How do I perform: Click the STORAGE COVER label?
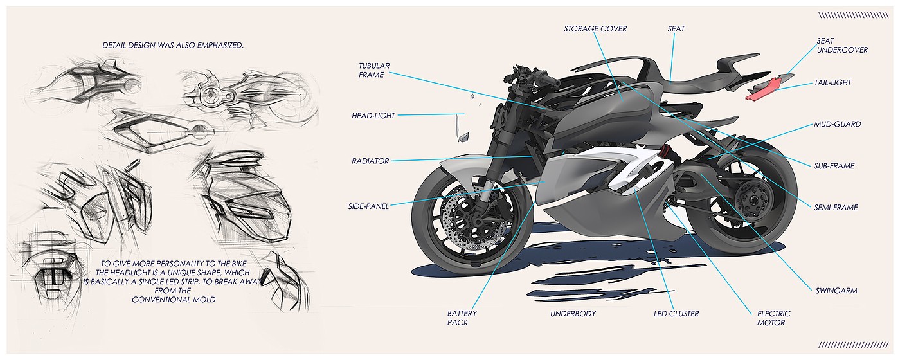[x=595, y=29]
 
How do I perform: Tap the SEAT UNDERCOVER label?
[x=842, y=45]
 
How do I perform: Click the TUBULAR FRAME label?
[x=374, y=70]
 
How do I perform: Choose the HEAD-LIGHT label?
[x=373, y=116]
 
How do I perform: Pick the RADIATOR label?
[x=370, y=161]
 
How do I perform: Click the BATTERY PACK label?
[x=462, y=318]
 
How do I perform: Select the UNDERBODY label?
[x=573, y=314]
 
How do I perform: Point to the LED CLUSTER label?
[x=676, y=314]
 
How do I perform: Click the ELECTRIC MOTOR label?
[x=773, y=318]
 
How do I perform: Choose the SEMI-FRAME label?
[x=836, y=207]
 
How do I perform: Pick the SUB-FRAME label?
[x=834, y=166]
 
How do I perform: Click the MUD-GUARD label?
[x=838, y=124]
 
